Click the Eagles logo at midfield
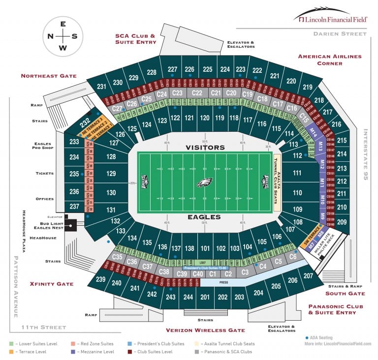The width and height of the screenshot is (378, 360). point(204,183)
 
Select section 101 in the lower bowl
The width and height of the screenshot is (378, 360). point(205,248)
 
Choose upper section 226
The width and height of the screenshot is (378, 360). point(189,69)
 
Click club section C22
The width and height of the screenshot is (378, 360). point(197,93)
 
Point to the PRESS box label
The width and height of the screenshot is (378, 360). point(223,283)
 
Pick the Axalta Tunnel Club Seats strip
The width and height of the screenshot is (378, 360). point(277,182)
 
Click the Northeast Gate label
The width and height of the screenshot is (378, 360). point(49,76)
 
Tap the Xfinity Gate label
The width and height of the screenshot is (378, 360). point(52,284)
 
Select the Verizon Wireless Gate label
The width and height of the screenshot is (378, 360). point(205,330)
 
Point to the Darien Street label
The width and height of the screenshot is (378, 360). point(340,34)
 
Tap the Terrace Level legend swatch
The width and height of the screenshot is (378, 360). point(11,352)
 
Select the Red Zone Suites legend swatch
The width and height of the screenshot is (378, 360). point(72,344)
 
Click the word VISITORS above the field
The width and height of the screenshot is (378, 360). point(205,147)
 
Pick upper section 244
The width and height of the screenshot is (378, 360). point(188,297)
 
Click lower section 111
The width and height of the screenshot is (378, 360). point(296,173)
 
